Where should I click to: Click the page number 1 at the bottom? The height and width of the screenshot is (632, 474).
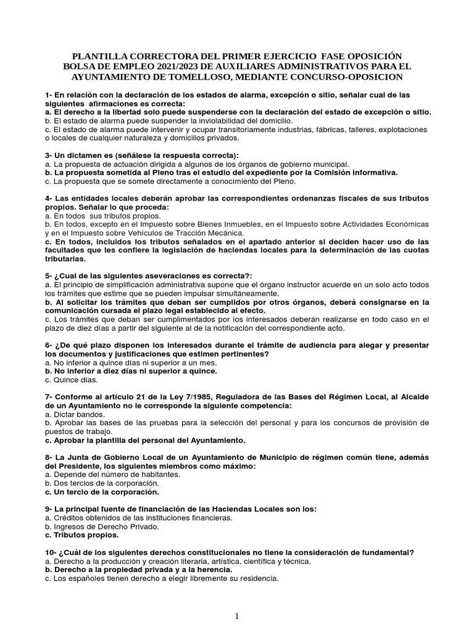pos(237,617)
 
